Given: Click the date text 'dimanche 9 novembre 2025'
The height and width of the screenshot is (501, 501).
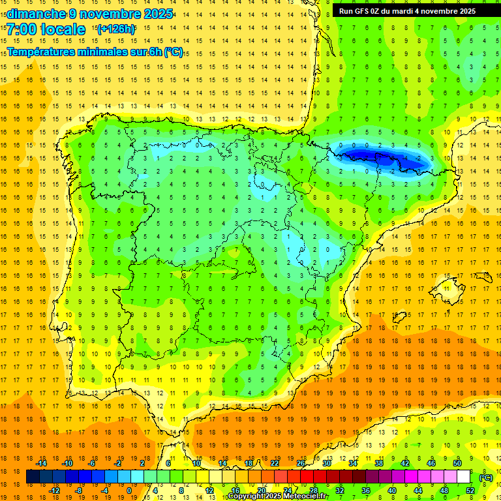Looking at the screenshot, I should tap(89, 14).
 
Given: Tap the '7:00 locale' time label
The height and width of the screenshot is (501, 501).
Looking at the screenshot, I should tap(46, 29).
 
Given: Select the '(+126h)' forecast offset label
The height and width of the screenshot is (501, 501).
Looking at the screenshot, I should tap(115, 29).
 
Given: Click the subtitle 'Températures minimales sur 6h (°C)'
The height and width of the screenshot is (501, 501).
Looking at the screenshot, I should tap(95, 52).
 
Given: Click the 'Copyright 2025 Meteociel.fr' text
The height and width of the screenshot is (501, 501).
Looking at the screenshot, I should tap(278, 496).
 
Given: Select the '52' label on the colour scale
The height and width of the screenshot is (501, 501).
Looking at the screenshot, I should tap(470, 491).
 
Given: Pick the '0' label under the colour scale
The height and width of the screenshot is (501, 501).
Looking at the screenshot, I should tap(129, 491).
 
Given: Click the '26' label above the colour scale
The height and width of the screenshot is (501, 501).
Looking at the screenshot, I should tap(301, 463).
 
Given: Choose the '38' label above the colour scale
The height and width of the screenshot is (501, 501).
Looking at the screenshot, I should tap(379, 463).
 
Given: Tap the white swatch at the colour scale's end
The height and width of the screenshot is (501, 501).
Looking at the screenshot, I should tap(464, 477).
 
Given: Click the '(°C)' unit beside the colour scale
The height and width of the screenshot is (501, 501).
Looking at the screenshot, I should tap(485, 478).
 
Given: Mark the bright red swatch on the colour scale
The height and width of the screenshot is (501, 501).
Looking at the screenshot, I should tap(307, 477).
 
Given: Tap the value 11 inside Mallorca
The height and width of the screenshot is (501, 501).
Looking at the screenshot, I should tap(447, 289).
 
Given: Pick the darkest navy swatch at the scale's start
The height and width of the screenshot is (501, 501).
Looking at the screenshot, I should tap(33, 477).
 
